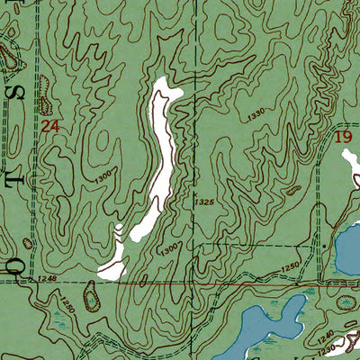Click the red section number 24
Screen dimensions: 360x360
click(50, 128)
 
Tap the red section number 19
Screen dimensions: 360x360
click(342, 137)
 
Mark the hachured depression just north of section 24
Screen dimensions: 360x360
click(44, 86)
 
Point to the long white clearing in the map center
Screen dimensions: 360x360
click(161, 153)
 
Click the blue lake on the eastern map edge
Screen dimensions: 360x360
click(347, 247)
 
